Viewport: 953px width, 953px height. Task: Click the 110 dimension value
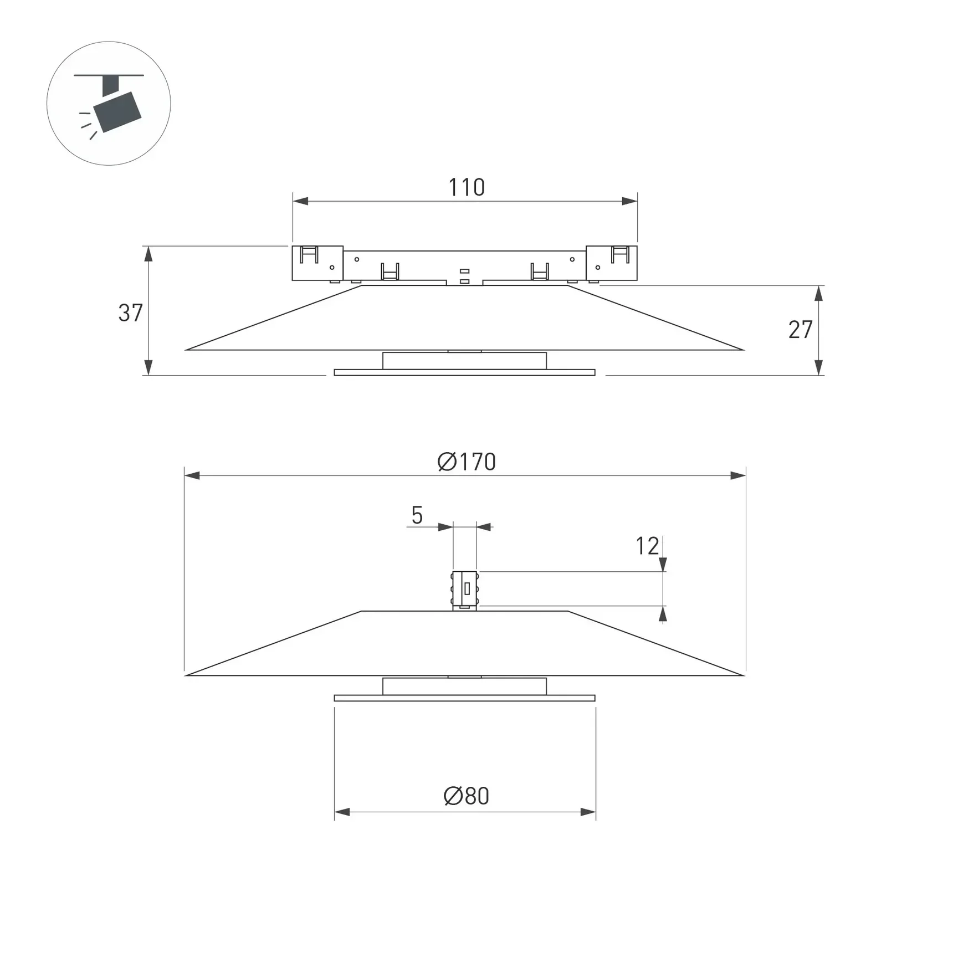[x=467, y=188]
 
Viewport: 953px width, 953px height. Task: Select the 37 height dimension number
[x=131, y=313]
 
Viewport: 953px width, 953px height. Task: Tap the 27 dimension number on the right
[x=800, y=330]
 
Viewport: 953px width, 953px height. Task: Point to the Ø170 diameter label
[x=467, y=462]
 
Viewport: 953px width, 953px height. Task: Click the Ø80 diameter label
[x=467, y=796]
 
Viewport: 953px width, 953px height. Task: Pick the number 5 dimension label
[x=417, y=516]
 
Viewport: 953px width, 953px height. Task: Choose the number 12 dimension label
[x=647, y=546]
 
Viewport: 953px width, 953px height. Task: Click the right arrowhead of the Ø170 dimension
[x=738, y=475]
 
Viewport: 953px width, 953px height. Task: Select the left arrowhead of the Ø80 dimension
[x=342, y=812]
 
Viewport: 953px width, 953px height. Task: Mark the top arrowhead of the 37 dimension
[x=148, y=254]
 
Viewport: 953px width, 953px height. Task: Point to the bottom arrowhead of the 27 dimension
[x=819, y=367]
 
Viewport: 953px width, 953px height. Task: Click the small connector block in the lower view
[x=464, y=590]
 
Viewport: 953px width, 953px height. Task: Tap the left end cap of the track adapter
[x=317, y=263]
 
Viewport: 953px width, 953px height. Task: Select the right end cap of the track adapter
[x=612, y=263]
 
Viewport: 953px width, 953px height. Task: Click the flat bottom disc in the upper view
[x=464, y=373]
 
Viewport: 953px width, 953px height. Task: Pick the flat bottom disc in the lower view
[x=464, y=698]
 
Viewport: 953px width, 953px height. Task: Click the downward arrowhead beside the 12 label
[x=663, y=565]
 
